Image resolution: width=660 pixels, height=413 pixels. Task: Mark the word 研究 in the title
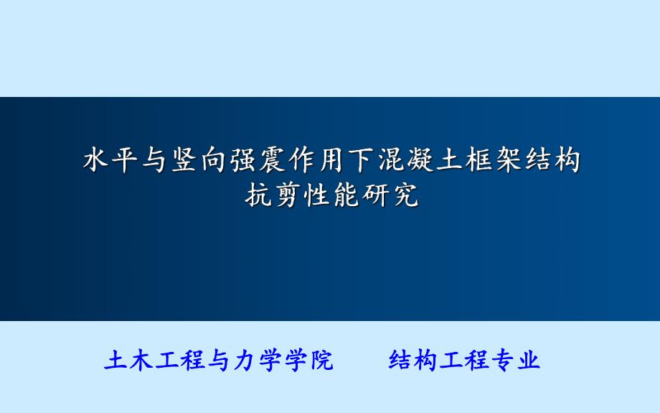(390, 195)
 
